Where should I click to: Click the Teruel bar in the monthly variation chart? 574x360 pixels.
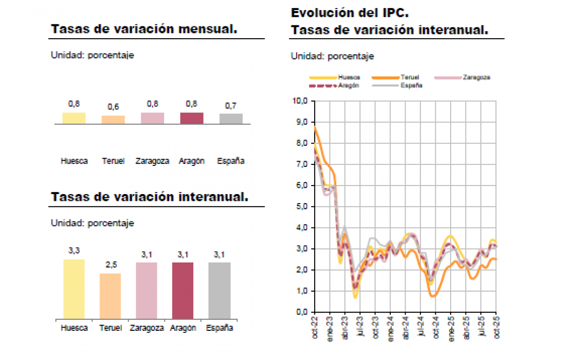pos(113,120)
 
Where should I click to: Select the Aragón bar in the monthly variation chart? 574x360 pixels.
pos(191,118)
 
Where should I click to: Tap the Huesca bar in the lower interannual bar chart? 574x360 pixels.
pos(74,289)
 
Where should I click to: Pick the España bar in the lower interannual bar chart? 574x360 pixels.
pos(220,290)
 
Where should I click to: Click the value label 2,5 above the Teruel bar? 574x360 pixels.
pos(111,265)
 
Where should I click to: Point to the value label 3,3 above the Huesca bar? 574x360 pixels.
pos(74,251)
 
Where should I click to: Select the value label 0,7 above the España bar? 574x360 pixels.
pos(231,106)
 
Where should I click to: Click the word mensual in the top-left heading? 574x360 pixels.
pos(207,29)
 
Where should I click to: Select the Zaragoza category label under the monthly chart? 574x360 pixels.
pos(152,161)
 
